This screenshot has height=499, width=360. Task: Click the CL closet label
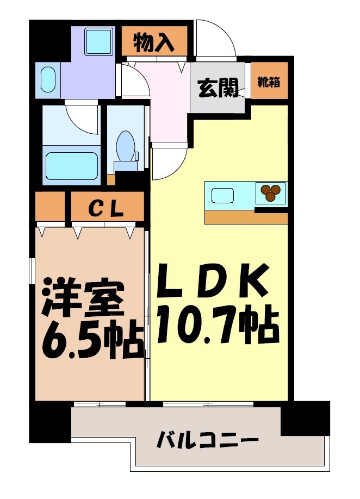click(x=107, y=207)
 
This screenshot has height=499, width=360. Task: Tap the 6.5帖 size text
click(x=90, y=340)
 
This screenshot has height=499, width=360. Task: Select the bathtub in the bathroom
click(x=72, y=166)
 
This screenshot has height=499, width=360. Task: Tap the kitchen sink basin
click(x=222, y=195)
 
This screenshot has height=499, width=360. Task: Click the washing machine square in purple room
click(x=98, y=41)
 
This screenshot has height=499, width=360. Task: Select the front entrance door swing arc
click(x=216, y=39)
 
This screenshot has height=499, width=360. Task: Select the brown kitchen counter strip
click(x=246, y=218)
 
